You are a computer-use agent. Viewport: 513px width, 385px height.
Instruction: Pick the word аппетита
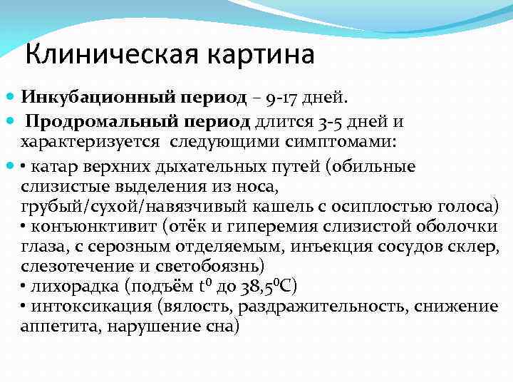pyautogui.click(x=49, y=327)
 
